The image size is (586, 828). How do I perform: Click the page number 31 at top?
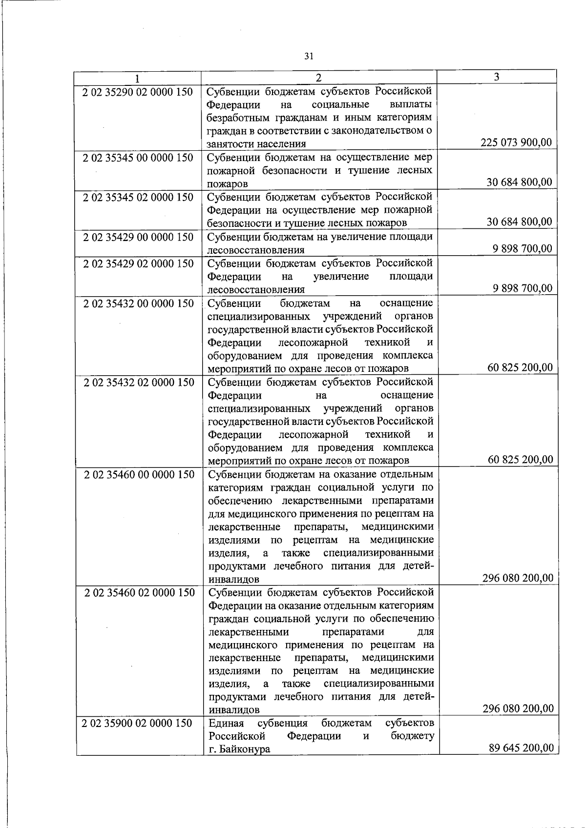308,56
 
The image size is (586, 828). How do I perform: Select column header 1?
138,78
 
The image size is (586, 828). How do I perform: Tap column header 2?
318,78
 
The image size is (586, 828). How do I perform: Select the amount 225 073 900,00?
516,142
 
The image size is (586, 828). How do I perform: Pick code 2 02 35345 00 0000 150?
138,158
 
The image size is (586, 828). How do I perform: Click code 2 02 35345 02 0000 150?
138,198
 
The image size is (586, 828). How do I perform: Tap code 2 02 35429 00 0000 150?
138,237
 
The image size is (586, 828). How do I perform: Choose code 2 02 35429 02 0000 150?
138,263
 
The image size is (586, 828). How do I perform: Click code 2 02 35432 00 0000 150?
138,303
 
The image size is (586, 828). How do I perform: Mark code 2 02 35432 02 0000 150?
139,382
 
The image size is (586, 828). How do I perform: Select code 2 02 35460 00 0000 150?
139,474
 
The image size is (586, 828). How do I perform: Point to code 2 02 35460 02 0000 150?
139,592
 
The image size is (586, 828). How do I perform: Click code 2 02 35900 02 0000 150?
138,723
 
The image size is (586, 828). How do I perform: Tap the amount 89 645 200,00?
521,747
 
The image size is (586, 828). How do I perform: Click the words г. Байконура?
239,749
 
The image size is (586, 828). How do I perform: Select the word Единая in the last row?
226,723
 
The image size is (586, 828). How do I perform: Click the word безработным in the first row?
233,118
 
